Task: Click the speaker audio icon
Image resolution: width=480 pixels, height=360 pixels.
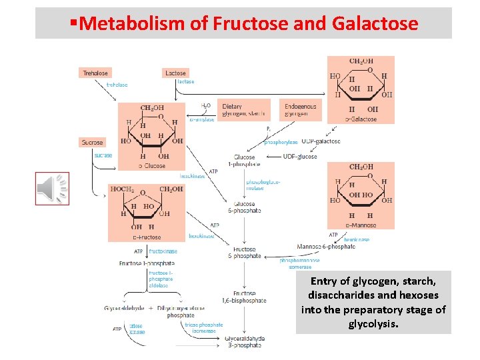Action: (52, 188)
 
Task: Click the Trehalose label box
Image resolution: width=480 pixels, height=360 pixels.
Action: (95, 73)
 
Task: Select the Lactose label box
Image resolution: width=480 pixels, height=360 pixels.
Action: (176, 73)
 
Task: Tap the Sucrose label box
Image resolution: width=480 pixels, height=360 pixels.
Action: (92, 142)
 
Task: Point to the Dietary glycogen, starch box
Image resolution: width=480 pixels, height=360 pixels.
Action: (243, 110)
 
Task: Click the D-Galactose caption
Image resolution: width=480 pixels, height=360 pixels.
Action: (360, 119)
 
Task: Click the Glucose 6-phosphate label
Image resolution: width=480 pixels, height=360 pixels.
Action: (247, 207)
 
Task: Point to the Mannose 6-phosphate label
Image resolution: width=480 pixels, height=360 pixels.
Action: (326, 247)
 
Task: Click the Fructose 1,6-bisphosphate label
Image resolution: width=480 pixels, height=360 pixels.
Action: (249, 297)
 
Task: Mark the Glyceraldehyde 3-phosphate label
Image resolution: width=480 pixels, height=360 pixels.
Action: (245, 342)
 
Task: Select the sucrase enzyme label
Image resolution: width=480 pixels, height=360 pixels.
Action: (103, 155)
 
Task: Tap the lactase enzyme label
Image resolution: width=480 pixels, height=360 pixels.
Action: (186, 81)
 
